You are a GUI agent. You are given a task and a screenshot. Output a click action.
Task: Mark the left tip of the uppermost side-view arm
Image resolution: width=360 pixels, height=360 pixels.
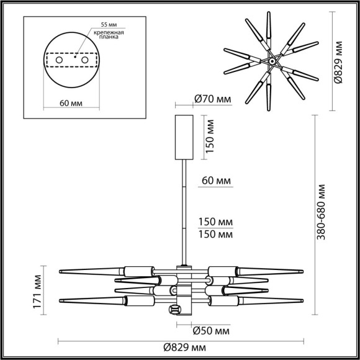60,271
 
